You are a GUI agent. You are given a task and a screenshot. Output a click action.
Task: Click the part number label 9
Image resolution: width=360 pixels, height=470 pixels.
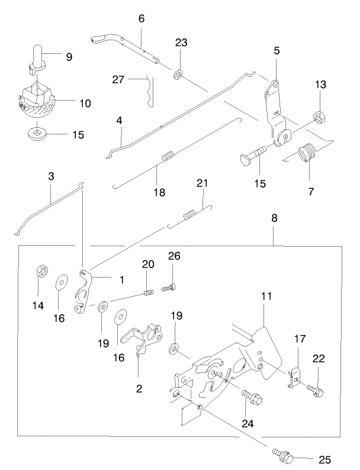[69, 57]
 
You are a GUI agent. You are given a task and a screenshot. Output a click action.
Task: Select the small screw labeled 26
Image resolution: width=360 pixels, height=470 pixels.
[166, 288]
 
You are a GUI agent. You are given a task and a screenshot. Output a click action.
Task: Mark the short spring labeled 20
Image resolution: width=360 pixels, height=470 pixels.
[150, 291]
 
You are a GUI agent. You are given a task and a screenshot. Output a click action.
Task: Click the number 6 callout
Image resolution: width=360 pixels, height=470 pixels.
[142, 18]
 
